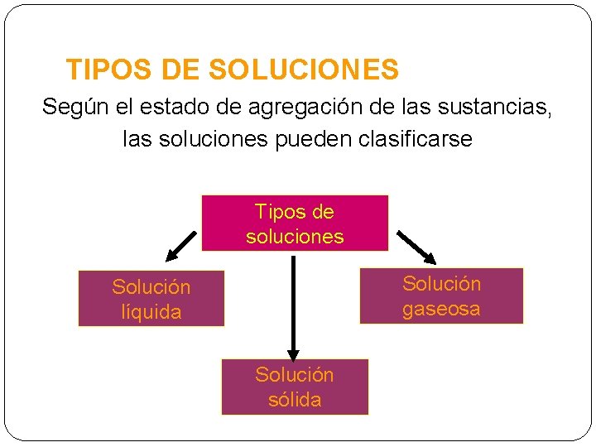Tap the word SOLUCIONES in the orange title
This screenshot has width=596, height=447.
coord(304,70)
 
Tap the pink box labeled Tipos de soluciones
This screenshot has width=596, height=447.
coord(295,223)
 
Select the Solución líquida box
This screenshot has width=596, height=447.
coord(151,299)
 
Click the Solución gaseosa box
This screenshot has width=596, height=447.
coord(441,296)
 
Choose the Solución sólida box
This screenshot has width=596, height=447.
coord(295,387)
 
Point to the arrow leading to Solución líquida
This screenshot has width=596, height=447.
coord(178,246)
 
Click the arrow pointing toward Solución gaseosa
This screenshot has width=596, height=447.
coord(416,246)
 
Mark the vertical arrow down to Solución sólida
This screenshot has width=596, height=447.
coord(292,306)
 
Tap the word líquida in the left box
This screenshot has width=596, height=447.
coord(151,312)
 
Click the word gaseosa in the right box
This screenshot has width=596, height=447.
coord(441,309)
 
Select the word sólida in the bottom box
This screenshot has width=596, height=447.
coord(295,400)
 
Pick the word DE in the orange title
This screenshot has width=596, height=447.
coord(179,70)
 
